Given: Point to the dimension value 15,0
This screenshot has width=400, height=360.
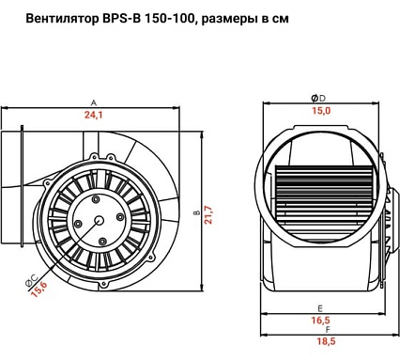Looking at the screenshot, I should tap(321, 112).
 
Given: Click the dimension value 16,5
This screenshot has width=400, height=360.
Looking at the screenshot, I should tap(321, 321).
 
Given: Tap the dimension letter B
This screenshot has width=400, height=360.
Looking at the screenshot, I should tap(195, 214).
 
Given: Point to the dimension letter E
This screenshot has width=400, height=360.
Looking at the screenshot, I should tap(320, 307).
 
